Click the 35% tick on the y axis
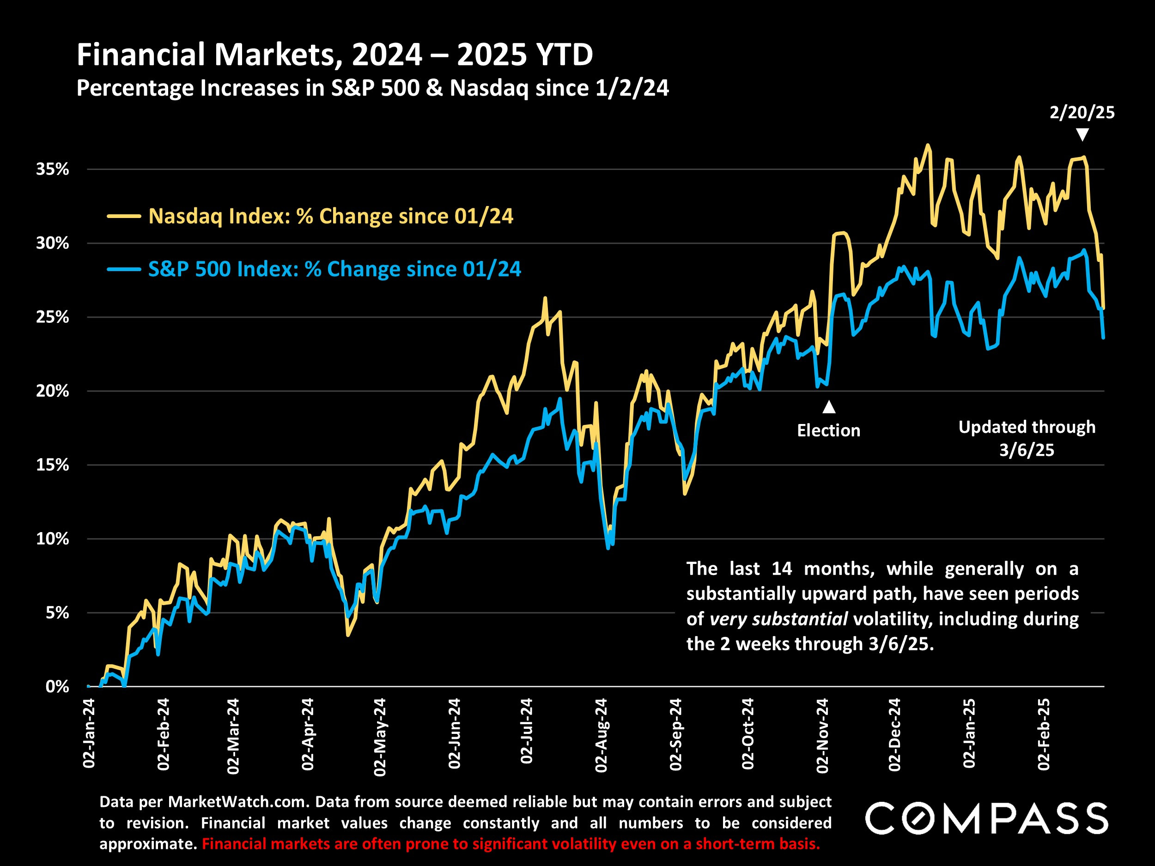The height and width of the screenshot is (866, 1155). click(x=52, y=169)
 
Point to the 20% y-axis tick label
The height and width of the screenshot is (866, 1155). click(x=52, y=391)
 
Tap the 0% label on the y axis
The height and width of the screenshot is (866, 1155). click(x=57, y=686)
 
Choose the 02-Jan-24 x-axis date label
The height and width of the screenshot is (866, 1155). click(x=89, y=733)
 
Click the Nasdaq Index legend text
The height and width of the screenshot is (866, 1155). click(x=330, y=216)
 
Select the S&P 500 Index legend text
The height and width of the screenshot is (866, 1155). click(x=334, y=269)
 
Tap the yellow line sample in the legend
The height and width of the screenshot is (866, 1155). click(x=124, y=216)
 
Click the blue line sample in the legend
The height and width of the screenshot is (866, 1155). click(x=124, y=269)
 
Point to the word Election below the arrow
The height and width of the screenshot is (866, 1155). click(x=828, y=430)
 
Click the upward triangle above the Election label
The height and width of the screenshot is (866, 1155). click(x=829, y=406)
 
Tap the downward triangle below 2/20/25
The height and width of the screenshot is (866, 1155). click(x=1082, y=135)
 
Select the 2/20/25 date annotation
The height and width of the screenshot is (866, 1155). click(x=1082, y=113)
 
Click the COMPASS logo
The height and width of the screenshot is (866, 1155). click(x=986, y=818)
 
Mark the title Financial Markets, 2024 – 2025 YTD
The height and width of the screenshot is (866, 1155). click(x=334, y=55)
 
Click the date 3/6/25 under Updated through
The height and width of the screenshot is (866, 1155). click(x=1027, y=450)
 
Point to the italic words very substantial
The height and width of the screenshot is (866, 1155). click(x=778, y=619)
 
